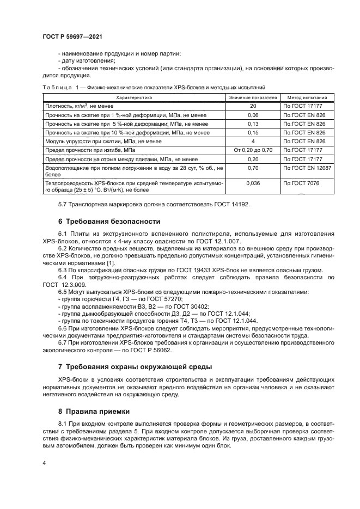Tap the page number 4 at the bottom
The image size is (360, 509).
(44, 463)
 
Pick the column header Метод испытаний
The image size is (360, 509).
(307, 97)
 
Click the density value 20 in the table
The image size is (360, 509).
(253, 107)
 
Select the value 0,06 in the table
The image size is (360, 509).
(253, 115)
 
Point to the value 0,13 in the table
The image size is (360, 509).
(253, 124)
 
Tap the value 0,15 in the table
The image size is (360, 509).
(253, 132)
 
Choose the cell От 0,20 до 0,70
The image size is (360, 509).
(253, 149)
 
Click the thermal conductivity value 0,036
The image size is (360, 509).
(253, 183)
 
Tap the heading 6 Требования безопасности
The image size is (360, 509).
(109, 222)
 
